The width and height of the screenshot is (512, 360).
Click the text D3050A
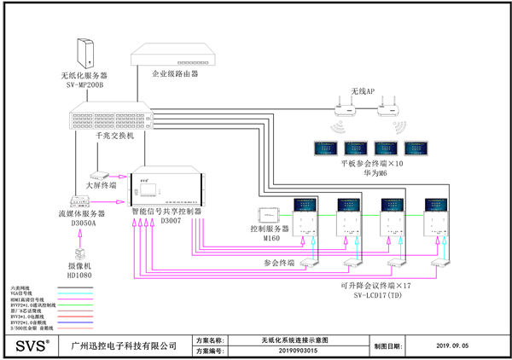84,224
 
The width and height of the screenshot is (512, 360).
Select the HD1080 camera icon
82,253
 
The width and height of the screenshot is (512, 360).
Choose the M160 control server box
272,212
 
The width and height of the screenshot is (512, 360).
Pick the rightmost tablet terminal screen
416,146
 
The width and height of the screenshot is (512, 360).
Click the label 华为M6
369,173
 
